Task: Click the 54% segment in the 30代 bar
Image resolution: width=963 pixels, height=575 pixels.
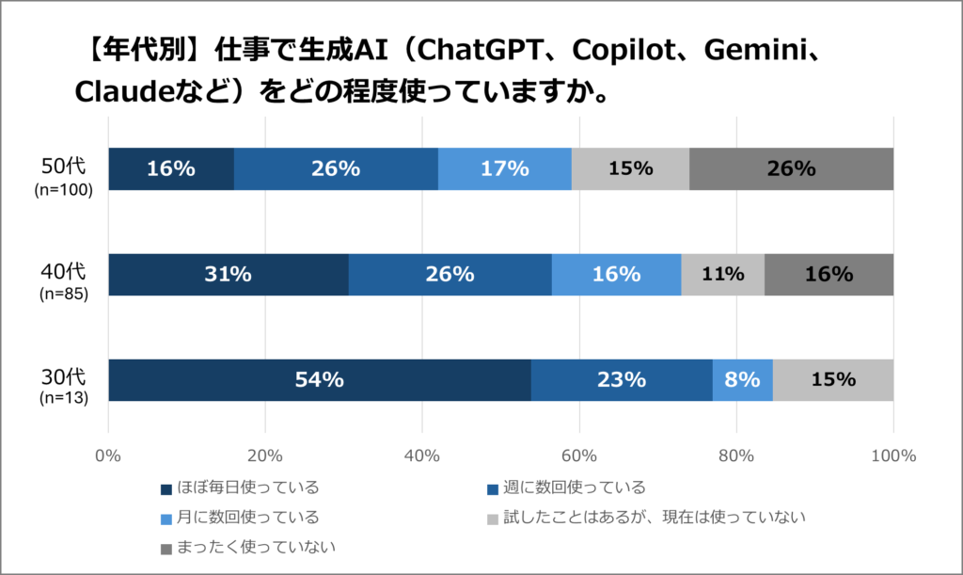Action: coord(320,380)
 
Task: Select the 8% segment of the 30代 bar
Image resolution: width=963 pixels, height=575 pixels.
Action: coord(743,380)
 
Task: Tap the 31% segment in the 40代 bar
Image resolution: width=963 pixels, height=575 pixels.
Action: coord(229,275)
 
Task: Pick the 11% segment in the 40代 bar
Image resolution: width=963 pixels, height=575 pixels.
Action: coord(723,275)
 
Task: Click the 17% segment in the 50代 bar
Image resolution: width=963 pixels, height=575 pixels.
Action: coord(505,169)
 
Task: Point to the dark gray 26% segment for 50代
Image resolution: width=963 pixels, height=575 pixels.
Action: coord(791,169)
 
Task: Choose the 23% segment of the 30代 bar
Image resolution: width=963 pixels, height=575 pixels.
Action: coord(622,380)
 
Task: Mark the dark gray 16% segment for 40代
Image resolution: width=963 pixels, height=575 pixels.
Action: coord(829,275)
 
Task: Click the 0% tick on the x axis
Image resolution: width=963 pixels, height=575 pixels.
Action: coord(109,456)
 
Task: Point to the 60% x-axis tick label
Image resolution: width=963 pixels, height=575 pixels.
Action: coord(579,456)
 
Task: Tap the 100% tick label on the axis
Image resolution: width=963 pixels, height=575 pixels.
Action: coord(892,456)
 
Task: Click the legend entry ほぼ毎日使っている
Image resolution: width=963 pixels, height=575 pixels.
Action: coord(239,487)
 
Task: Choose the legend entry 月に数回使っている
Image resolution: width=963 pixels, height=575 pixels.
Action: coord(239,517)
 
